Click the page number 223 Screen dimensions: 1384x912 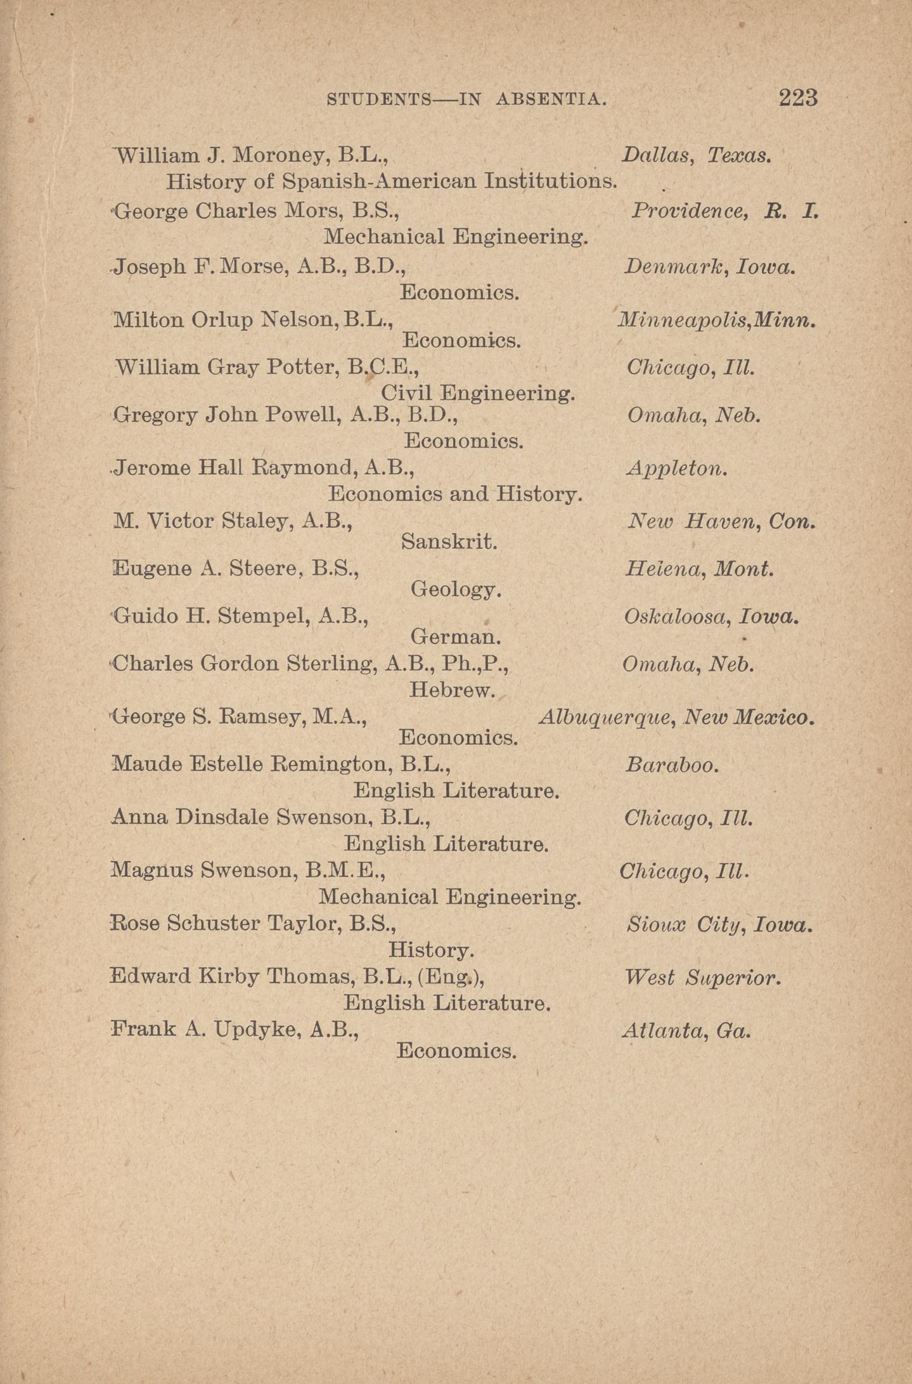798,98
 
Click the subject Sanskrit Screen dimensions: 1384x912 449,542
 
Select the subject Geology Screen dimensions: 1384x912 456,590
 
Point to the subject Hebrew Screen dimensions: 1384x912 452,690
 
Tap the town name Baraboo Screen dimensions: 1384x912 672,765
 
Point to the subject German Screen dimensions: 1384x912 456,636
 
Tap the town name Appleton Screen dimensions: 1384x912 676,469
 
